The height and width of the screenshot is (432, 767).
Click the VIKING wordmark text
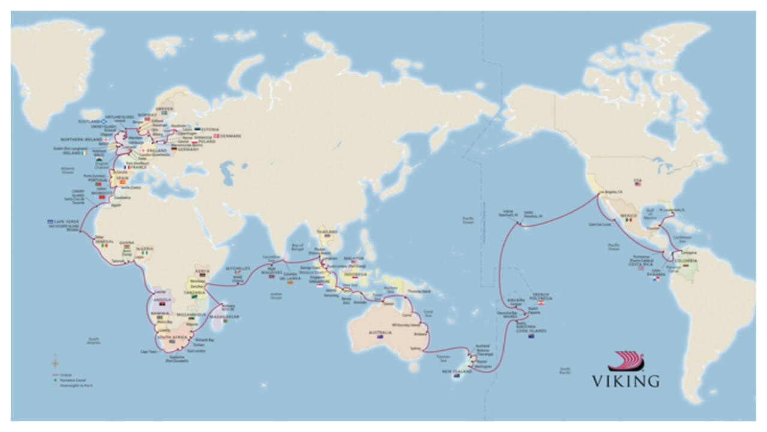tap(626, 380)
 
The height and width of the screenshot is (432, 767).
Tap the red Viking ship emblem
tap(626, 362)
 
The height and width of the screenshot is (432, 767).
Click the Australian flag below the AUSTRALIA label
tap(379, 337)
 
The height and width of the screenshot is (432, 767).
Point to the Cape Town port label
tap(148, 352)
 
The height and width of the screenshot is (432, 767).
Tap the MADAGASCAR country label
tap(225, 316)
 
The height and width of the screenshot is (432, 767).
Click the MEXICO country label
tap(629, 214)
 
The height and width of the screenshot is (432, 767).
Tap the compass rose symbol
tap(55, 362)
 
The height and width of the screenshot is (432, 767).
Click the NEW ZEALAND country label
tap(458, 372)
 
